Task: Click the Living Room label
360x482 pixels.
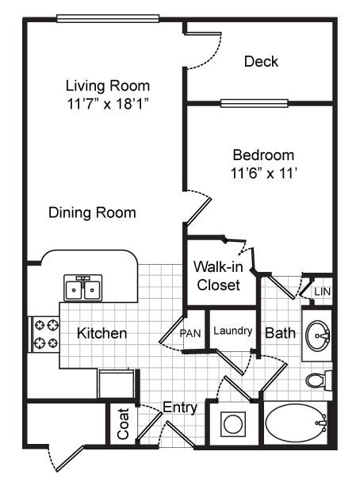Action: (x=108, y=86)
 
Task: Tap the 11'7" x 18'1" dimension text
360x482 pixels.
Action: (x=108, y=103)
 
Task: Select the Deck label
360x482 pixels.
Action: (x=262, y=61)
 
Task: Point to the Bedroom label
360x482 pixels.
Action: (x=262, y=155)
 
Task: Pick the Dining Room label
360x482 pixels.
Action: (x=92, y=212)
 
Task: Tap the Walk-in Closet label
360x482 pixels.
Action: (x=217, y=276)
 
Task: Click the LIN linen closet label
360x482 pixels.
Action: (x=322, y=293)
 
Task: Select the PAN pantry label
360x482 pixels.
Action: (x=190, y=333)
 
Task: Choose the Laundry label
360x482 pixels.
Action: (x=233, y=331)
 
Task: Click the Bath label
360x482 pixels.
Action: (x=280, y=333)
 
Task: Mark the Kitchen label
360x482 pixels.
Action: (x=101, y=333)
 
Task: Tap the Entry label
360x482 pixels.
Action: (x=179, y=407)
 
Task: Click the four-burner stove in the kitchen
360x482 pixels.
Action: (x=45, y=334)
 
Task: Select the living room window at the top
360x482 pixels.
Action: (x=109, y=17)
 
